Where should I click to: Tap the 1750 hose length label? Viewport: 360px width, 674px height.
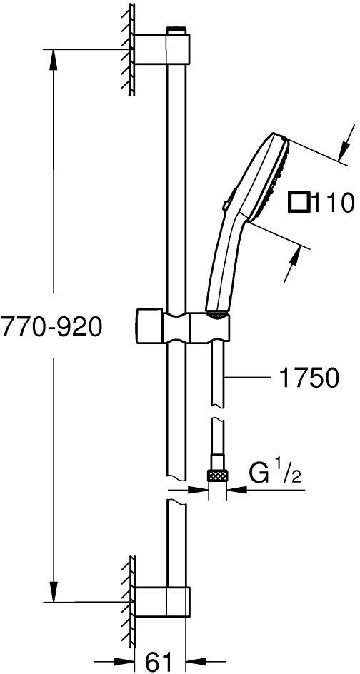pyautogui.click(x=309, y=378)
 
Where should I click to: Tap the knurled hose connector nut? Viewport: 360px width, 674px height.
pyautogui.click(x=218, y=476)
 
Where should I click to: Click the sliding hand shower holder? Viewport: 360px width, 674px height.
pyautogui.click(x=183, y=326)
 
